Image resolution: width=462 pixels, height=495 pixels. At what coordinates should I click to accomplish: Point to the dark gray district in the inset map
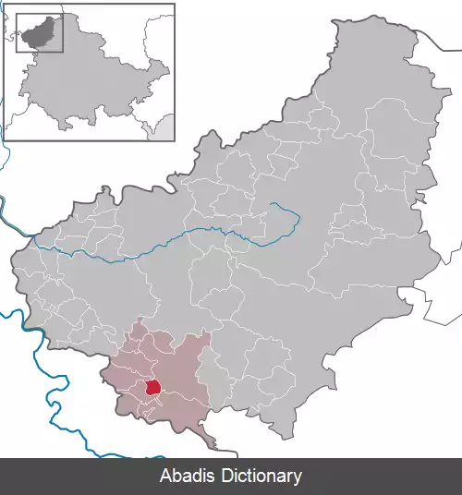(38, 34)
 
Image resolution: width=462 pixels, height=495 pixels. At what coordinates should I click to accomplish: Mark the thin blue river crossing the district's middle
(185, 237)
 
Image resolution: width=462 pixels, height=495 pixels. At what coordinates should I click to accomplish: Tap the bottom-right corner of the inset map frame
(175, 139)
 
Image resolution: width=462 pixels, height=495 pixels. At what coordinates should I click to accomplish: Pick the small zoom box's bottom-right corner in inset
(63, 52)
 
